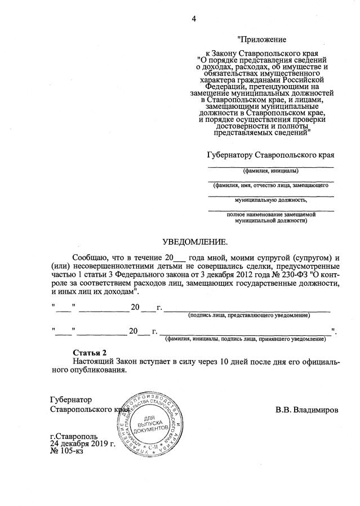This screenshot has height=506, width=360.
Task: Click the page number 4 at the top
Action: [x=194, y=19]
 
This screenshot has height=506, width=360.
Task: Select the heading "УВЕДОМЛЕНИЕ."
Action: [x=195, y=242]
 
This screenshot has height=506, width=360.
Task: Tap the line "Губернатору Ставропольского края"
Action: [x=270, y=154]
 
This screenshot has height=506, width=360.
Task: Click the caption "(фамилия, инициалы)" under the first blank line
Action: [x=270, y=171]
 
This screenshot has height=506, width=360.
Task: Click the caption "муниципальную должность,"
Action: [x=270, y=199]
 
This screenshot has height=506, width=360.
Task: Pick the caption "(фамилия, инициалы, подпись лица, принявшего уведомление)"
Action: [x=245, y=339]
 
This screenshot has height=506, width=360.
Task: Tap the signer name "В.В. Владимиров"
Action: [x=307, y=410]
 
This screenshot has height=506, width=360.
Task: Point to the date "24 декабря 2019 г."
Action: [x=82, y=443]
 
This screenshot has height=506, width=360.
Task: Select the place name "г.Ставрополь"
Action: [x=73, y=436]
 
